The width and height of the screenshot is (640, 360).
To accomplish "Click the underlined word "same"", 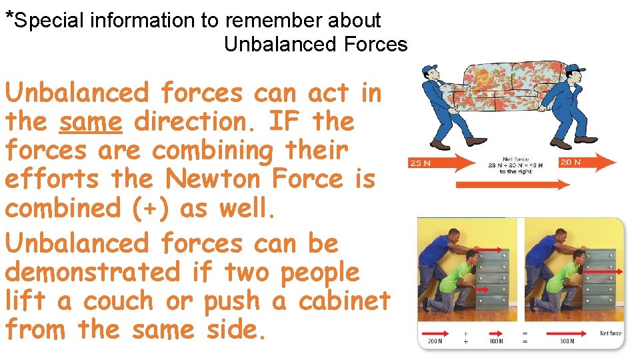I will (x=90, y=122).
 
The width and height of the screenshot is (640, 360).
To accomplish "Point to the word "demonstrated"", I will (x=92, y=272).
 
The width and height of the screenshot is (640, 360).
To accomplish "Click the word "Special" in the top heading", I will (x=47, y=21).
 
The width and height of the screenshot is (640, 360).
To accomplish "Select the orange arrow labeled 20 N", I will (x=587, y=162).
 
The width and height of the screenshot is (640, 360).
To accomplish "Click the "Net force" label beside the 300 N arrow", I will (x=610, y=333).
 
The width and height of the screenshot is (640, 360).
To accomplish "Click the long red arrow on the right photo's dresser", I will (x=603, y=271).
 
